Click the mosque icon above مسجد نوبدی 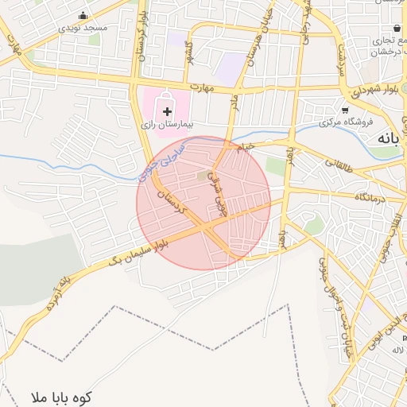point(83,15)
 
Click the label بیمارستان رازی point(168,125)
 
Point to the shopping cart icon point(344,110)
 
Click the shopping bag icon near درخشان point(397,29)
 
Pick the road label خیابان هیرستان point(254,41)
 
